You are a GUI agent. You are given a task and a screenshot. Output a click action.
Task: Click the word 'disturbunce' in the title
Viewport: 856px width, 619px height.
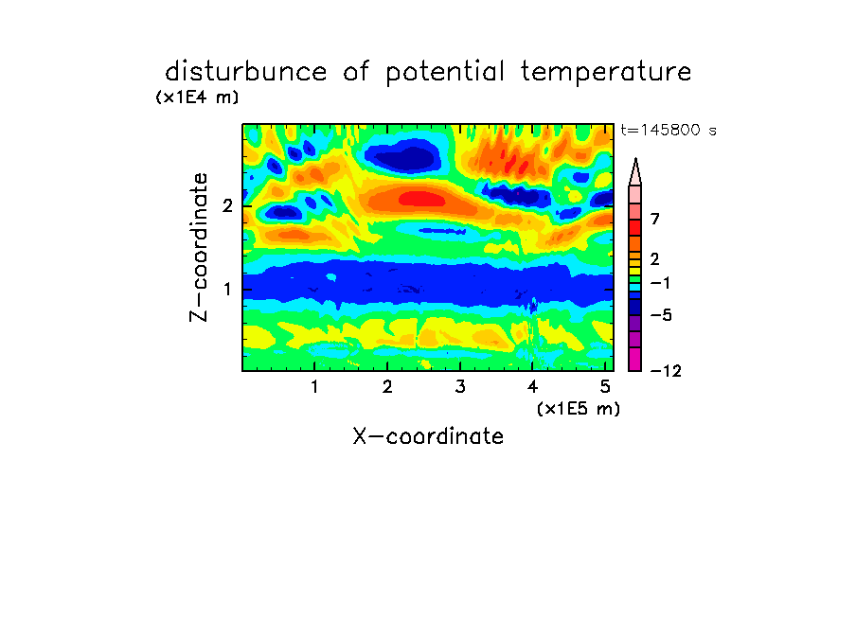(x=246, y=71)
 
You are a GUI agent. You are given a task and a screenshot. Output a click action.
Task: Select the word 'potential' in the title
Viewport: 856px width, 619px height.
(x=445, y=73)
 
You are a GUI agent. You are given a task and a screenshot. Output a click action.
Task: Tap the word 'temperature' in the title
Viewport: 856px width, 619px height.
(x=606, y=73)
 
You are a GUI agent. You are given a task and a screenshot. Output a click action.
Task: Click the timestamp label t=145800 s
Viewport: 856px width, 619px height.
(x=669, y=130)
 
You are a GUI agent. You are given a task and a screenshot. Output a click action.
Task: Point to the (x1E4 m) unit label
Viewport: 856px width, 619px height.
(x=197, y=97)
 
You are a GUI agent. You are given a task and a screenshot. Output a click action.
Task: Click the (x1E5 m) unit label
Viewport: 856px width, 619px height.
(x=579, y=409)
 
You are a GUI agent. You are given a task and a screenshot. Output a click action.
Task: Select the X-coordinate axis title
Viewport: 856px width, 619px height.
(x=428, y=436)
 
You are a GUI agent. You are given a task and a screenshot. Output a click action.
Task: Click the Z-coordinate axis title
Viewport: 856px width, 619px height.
(x=199, y=247)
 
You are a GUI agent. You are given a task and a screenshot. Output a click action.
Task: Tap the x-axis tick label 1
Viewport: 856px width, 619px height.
(x=314, y=387)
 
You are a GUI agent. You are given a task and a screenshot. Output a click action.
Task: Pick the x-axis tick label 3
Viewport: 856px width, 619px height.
(x=460, y=387)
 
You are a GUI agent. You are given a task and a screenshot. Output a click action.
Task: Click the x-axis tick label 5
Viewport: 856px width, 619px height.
(x=605, y=387)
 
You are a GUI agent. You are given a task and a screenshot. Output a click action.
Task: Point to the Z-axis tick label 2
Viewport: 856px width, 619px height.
(x=227, y=205)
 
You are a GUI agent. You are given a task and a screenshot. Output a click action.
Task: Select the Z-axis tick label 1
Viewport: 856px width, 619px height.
(x=227, y=290)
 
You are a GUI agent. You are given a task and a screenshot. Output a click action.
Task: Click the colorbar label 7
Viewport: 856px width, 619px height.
(x=655, y=219)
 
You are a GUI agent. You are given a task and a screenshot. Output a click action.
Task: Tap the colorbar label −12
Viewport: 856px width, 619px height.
(x=666, y=371)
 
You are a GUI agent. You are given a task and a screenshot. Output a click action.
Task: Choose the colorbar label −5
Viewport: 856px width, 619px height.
(x=661, y=315)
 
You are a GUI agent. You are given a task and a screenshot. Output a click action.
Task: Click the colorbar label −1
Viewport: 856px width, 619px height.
(x=660, y=283)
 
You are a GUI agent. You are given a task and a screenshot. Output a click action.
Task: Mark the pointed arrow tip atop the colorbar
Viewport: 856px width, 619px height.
(x=635, y=159)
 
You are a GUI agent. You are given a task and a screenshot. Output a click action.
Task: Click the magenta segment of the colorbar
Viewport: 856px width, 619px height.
(x=635, y=359)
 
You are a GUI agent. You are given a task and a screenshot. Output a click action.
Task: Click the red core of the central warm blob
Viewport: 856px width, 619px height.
(x=421, y=199)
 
